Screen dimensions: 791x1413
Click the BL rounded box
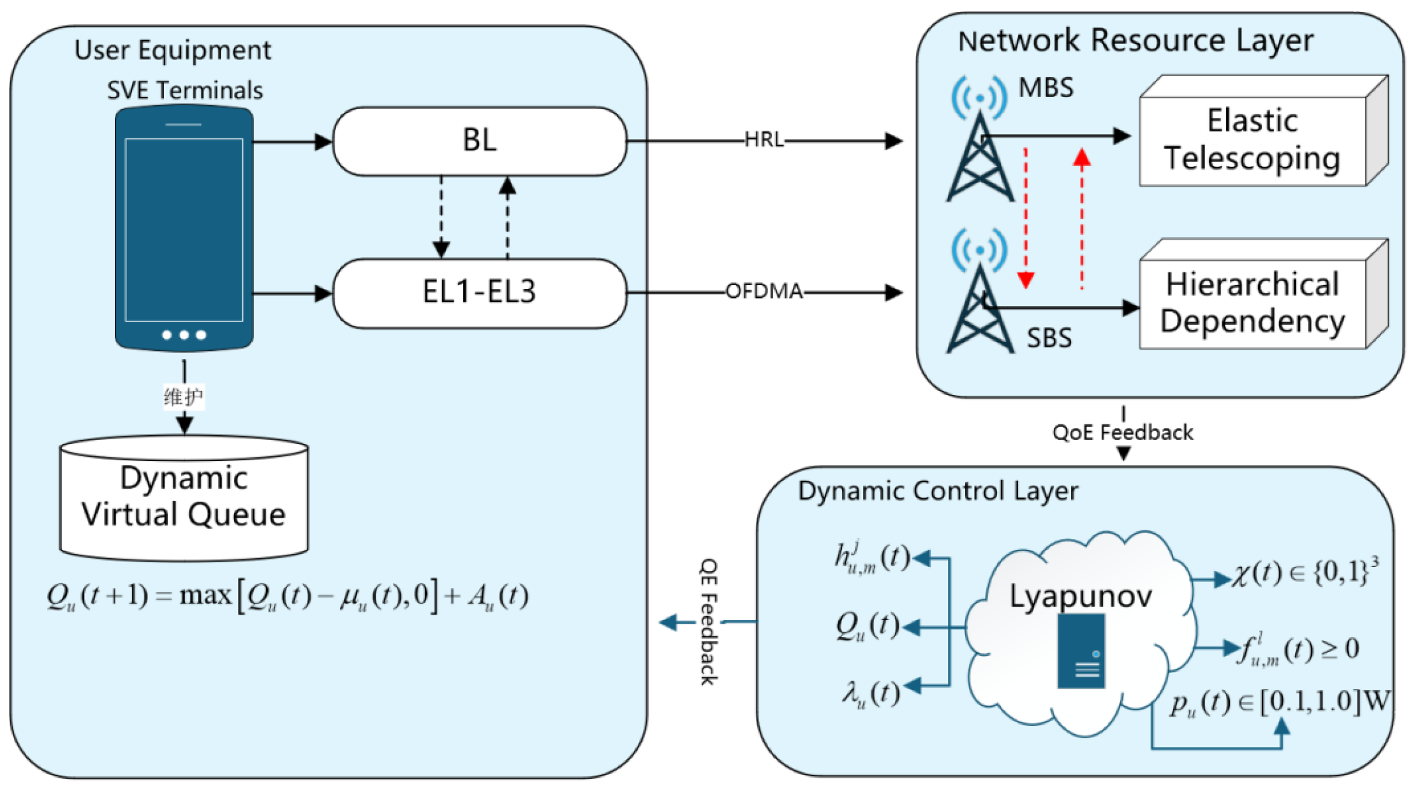pyautogui.click(x=480, y=141)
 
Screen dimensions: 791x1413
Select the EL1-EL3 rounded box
pyautogui.click(x=480, y=293)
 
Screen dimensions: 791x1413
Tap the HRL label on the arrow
pyautogui.click(x=764, y=140)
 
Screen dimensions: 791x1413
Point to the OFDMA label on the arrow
pyautogui.click(x=764, y=292)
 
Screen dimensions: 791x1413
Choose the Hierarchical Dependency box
pyautogui.click(x=1253, y=303)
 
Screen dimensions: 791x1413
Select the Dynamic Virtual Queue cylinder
pyautogui.click(x=184, y=498)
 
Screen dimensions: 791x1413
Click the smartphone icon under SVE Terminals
pyautogui.click(x=184, y=228)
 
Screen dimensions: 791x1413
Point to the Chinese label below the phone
pyautogui.click(x=184, y=397)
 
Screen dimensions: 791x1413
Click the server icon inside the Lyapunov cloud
pyautogui.click(x=1081, y=651)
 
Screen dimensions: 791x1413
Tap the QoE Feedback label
pyautogui.click(x=1123, y=432)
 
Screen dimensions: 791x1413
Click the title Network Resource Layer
pyautogui.click(x=1136, y=41)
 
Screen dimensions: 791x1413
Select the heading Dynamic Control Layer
pyautogui.click(x=938, y=491)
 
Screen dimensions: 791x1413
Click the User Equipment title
pyautogui.click(x=173, y=50)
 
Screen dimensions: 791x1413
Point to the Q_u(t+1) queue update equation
pyautogui.click(x=287, y=597)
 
